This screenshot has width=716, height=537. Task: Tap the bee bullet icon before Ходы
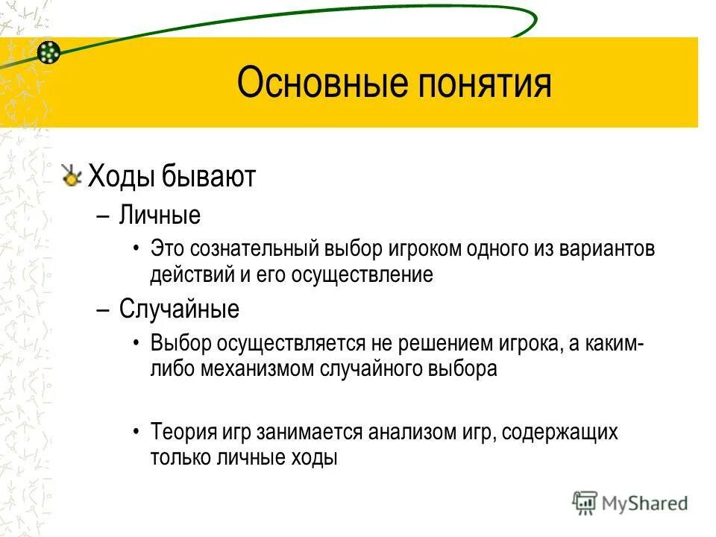(x=72, y=177)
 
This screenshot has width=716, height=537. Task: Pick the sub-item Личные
(x=160, y=216)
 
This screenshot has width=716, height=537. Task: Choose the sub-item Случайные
(x=179, y=309)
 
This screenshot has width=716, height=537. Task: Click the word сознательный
(x=257, y=248)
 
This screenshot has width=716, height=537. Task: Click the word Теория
(x=183, y=432)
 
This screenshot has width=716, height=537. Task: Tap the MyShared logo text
(x=646, y=503)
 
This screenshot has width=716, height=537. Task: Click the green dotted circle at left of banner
(x=48, y=51)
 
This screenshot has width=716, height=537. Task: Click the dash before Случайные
(x=104, y=309)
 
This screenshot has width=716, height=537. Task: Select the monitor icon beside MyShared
(x=585, y=503)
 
